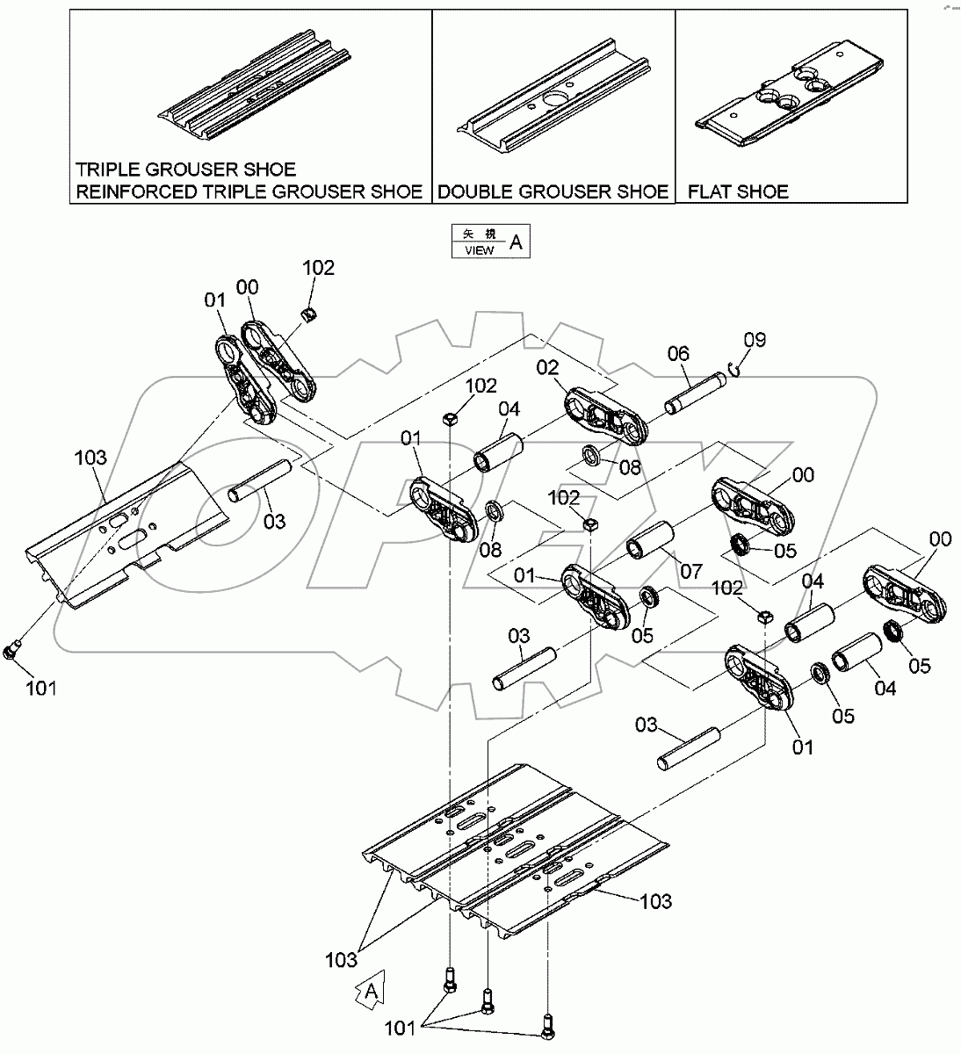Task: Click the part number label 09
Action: (x=755, y=339)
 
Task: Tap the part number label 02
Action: (x=547, y=366)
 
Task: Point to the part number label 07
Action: (x=690, y=572)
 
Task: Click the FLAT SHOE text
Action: (x=738, y=191)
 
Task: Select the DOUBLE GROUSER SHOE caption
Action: (x=553, y=191)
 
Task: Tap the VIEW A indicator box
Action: (x=490, y=242)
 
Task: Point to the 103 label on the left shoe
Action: (x=90, y=458)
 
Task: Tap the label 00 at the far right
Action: (x=939, y=539)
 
